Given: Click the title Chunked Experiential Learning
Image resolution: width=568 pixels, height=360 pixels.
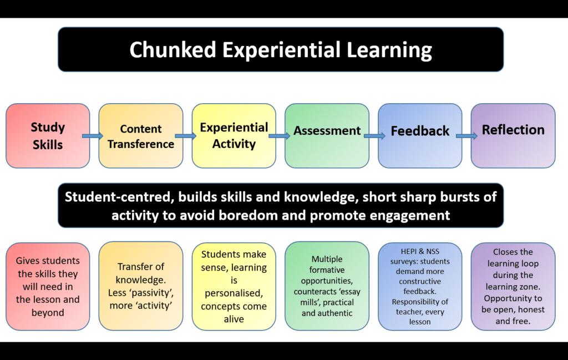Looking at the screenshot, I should pos(280,50).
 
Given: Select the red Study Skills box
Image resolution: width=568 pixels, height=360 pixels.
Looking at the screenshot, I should pos(48,136).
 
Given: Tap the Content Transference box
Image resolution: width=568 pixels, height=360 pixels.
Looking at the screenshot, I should pos(141,136).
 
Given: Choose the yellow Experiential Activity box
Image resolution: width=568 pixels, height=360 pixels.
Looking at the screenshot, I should pos(234,136).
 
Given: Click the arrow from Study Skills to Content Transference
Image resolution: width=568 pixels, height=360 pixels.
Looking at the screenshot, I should pos(93,136).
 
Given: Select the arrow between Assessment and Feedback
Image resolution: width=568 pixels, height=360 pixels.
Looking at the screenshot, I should pos(374,136).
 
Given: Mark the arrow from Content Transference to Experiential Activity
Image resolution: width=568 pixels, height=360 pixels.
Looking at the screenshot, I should pos(186,136).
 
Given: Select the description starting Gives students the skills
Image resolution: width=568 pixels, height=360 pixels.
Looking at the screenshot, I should pos(48,286).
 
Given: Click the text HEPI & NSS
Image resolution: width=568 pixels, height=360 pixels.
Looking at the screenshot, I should pos(420,252).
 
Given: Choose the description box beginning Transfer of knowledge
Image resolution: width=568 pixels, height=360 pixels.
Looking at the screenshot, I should pos(141,286).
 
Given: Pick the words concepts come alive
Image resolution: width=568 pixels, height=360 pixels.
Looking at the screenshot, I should pos(234,312).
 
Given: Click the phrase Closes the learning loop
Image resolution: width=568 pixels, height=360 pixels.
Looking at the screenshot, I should pos(513,257).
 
